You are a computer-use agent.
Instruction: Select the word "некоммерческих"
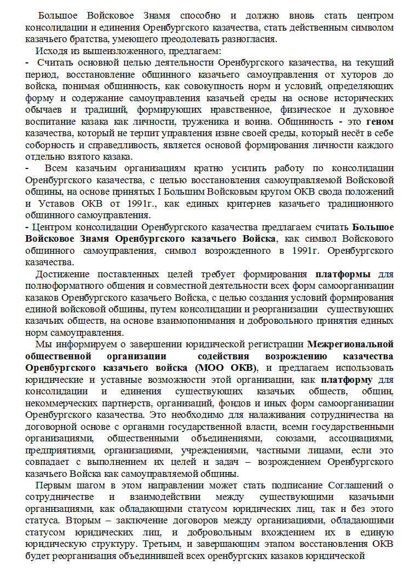point(60,404)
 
